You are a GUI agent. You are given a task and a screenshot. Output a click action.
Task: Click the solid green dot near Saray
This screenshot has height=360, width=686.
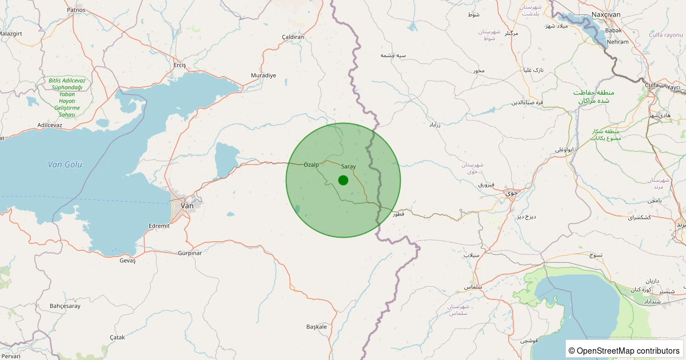click(x=343, y=180)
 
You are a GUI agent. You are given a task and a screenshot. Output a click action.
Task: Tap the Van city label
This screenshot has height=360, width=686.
click(x=187, y=206)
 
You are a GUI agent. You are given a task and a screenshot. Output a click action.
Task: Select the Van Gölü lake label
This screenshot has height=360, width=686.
click(x=65, y=165)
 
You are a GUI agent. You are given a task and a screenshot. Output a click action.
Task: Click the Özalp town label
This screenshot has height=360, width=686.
click(x=311, y=165)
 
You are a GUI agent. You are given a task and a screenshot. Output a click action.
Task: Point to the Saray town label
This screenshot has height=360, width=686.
click(x=348, y=166)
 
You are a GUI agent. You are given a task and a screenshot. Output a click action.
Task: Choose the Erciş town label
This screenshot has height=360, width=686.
click(x=180, y=65)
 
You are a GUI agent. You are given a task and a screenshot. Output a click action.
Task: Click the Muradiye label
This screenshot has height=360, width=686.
click(x=264, y=75)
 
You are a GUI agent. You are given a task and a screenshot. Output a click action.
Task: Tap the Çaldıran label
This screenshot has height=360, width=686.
click(x=293, y=37)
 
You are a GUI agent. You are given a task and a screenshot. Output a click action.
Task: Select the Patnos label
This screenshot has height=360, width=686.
click(x=76, y=10)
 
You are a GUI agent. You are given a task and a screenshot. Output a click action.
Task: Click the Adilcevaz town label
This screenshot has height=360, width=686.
click(x=50, y=125)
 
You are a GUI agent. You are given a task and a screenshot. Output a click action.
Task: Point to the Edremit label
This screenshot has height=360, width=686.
click(x=159, y=226)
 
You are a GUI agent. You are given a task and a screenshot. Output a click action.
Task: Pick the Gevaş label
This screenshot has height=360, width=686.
click(x=127, y=261)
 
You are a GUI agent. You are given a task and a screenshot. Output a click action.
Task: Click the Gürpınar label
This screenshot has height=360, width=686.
click(x=190, y=253)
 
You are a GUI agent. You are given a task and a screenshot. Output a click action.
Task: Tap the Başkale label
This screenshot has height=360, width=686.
click(x=317, y=327)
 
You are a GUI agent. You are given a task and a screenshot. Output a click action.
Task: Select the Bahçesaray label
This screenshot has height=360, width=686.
click(x=65, y=306)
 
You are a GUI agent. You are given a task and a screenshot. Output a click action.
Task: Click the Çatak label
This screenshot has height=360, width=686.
click(x=117, y=337)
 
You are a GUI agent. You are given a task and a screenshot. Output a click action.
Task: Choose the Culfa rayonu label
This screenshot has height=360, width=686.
click(x=666, y=35)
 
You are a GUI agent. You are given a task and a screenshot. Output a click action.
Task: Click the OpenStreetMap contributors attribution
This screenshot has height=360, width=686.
click(x=624, y=350)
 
